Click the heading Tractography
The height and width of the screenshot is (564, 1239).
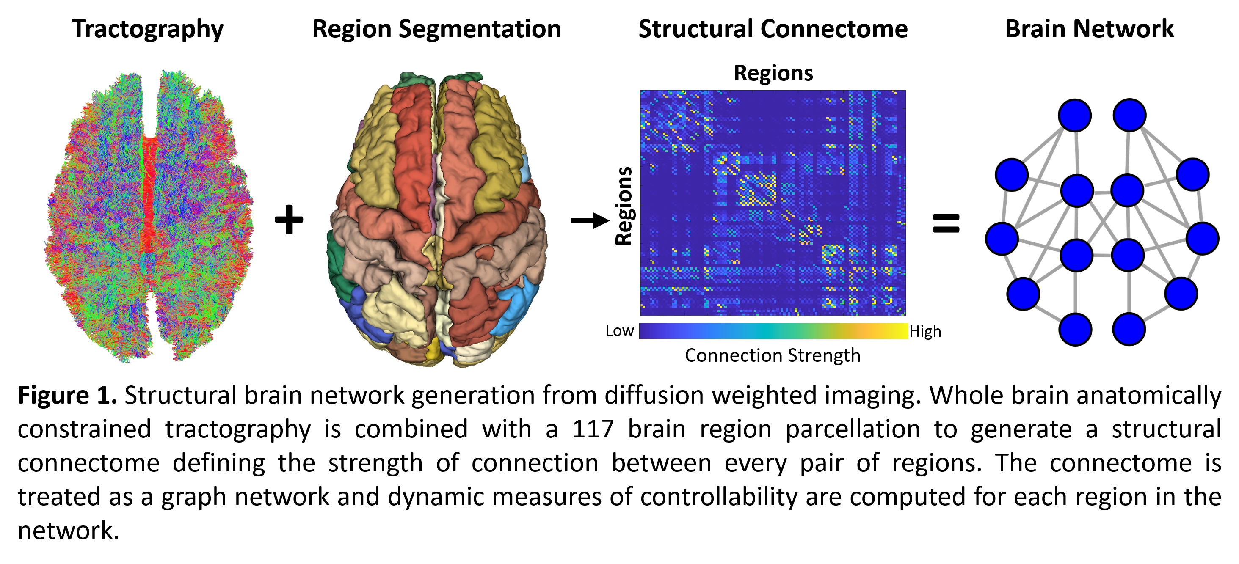coord(148,29)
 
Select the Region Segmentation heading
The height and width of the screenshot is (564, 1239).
coord(436,29)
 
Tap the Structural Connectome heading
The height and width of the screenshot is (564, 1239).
coord(773,29)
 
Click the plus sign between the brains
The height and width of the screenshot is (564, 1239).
coord(289,220)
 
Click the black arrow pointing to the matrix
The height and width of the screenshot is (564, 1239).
coord(590,221)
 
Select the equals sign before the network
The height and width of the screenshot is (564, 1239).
coord(946,223)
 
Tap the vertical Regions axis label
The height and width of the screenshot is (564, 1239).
coord(624,206)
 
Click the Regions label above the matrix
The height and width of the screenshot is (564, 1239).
coord(773,73)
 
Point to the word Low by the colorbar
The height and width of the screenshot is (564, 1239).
coord(620,331)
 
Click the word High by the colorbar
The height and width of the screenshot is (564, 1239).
coord(925,331)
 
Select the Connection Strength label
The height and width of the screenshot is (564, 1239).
coord(773,355)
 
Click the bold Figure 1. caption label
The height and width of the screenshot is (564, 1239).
coord(67,395)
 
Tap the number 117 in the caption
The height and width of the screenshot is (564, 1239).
coord(593,429)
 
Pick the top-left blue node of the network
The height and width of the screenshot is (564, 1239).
coord(1074,116)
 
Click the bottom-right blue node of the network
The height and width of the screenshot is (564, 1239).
coord(1129,329)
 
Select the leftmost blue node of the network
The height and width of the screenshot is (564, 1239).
coord(1002,239)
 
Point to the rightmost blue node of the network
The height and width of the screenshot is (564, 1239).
coord(1203,239)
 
